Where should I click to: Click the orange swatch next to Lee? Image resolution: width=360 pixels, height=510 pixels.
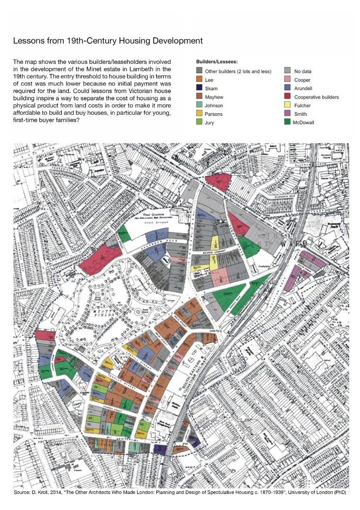coord(199,80)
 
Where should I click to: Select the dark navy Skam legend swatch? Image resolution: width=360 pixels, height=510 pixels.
coord(199,89)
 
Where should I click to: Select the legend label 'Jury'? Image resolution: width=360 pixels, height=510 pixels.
coord(209,123)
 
